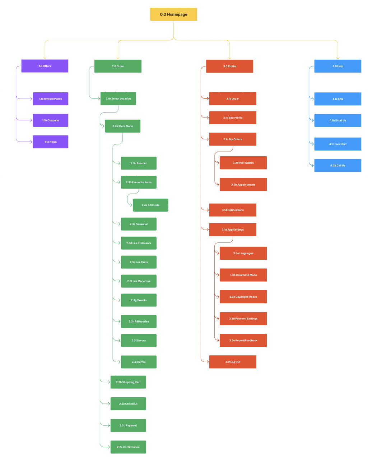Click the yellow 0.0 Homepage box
pyautogui.click(x=174, y=14)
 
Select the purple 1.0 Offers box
pyautogui.click(x=45, y=66)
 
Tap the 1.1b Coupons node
pyautogui.click(x=51, y=120)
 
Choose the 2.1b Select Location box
pyautogui.click(x=118, y=98)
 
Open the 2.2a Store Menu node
pyautogui.click(x=123, y=126)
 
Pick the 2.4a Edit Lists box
pyautogui.click(x=150, y=205)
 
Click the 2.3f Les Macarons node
pyautogui.click(x=139, y=281)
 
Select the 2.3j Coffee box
pyautogui.click(x=139, y=362)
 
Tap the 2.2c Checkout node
pyautogui.click(x=128, y=404)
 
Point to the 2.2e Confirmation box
pyautogui.click(x=128, y=447)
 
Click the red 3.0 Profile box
pyautogui.click(x=230, y=66)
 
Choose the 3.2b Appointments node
pyautogui.click(x=243, y=185)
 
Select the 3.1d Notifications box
pyautogui.click(x=233, y=210)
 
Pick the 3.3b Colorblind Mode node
pyautogui.click(x=243, y=275)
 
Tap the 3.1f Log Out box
pyautogui.click(x=233, y=362)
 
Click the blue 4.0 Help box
pyautogui.click(x=338, y=66)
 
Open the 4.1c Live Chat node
pyautogui.click(x=338, y=144)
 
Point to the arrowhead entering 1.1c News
pyautogui.click(x=31, y=142)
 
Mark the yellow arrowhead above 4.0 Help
pyautogui.click(x=338, y=57)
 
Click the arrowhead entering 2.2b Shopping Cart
pyautogui.click(x=108, y=382)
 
